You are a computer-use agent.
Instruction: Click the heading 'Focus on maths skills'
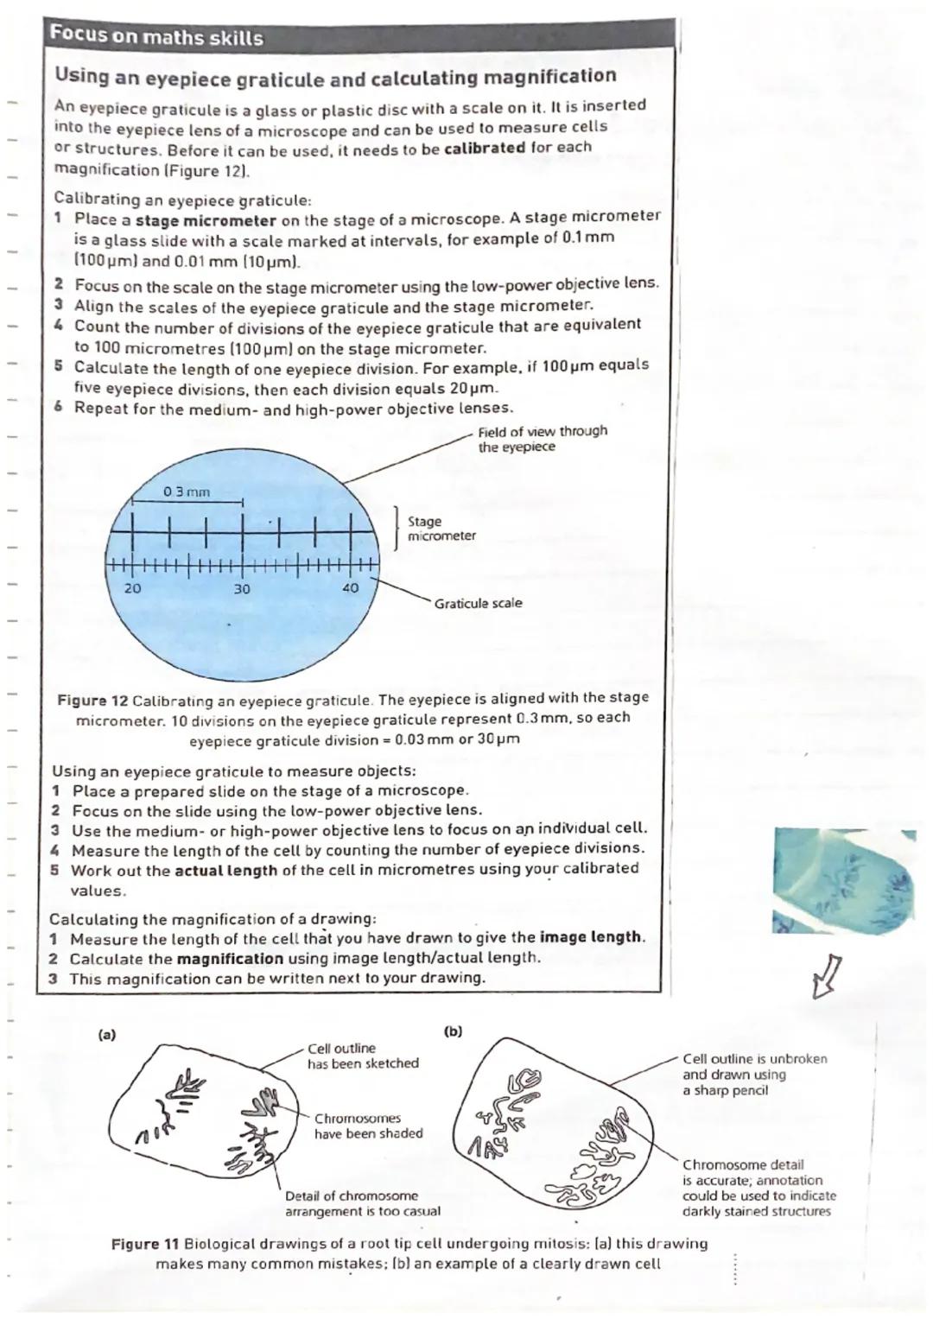pyautogui.click(x=155, y=37)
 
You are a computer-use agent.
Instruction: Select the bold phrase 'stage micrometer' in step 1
pyautogui.click(x=206, y=220)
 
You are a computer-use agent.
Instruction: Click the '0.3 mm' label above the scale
pyautogui.click(x=187, y=491)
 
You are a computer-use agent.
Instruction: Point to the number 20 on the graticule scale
pyautogui.click(x=132, y=587)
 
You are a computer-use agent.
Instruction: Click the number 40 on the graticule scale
pyautogui.click(x=349, y=587)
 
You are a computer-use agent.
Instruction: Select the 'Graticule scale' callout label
pyautogui.click(x=478, y=603)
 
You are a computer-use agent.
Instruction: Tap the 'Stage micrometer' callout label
pyautogui.click(x=441, y=529)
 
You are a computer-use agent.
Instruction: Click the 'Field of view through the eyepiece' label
pyautogui.click(x=542, y=439)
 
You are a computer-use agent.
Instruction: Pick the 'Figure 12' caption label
pyautogui.click(x=92, y=699)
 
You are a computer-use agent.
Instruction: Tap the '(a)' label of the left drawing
pyautogui.click(x=107, y=1033)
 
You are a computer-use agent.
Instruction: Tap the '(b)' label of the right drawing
pyautogui.click(x=453, y=1030)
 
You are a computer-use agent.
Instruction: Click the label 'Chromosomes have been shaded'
pyautogui.click(x=368, y=1126)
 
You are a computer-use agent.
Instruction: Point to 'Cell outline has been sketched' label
pyautogui.click(x=362, y=1056)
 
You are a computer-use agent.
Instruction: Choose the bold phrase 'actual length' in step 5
pyautogui.click(x=225, y=871)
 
